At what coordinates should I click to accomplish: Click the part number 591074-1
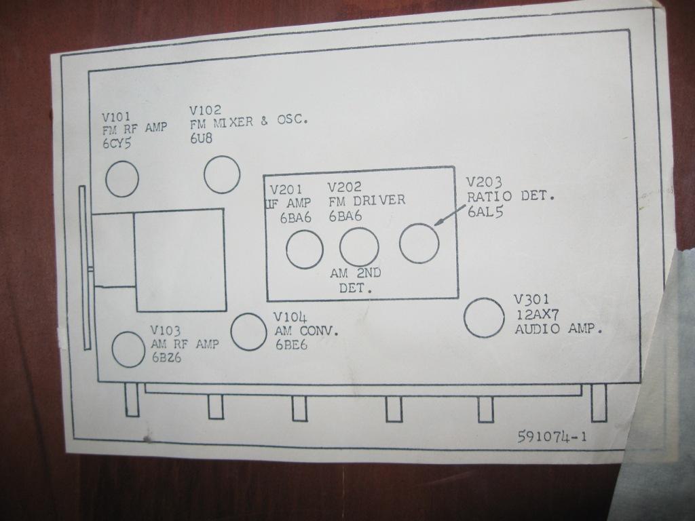click(x=552, y=438)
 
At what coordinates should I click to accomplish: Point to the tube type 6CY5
click(x=117, y=143)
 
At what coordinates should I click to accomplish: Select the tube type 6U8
click(x=201, y=138)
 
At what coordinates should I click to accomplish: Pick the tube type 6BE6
click(x=291, y=345)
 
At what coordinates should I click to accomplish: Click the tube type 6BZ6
click(x=167, y=358)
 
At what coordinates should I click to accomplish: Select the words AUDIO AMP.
click(x=559, y=329)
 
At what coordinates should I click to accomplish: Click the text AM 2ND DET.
click(x=356, y=281)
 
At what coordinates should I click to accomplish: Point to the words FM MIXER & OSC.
click(x=248, y=122)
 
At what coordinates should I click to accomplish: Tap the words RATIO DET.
click(x=510, y=196)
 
